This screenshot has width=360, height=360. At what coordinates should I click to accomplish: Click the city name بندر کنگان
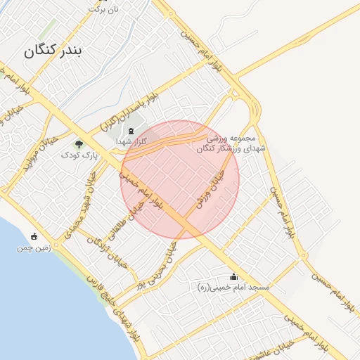click(63, 51)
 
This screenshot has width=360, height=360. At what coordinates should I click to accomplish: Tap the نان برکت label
click(103, 9)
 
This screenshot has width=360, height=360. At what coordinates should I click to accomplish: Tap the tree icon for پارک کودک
click(78, 144)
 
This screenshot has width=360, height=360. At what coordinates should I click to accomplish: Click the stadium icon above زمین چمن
click(34, 236)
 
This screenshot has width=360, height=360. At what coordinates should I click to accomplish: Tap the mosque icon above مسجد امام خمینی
click(233, 276)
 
